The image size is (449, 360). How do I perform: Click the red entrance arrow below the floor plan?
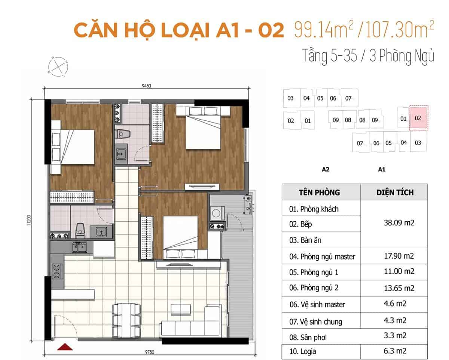pos(65,347)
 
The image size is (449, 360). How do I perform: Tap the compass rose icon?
pos(58,67)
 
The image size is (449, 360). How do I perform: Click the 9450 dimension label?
pos(146,86)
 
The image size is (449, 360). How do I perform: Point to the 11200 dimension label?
pos(29,220)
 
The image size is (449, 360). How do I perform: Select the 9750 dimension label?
pos(150,352)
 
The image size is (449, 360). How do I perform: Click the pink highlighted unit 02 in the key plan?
pos(419,118)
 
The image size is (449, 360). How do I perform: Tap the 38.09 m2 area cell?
pos(399,223)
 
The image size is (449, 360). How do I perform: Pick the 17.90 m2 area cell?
pos(399,256)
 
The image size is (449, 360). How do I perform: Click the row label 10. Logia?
pos(303,351)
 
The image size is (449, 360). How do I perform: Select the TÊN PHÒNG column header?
pos(319,193)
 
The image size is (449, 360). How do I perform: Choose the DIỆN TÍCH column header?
pos(395,192)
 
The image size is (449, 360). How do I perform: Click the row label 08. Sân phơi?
pos(308,337)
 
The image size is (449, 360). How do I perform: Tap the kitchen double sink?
pos(79,247)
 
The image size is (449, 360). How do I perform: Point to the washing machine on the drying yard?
pos(217,213)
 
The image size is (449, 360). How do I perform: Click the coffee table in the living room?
pos(180,309)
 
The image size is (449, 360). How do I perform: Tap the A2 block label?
pos(326,169)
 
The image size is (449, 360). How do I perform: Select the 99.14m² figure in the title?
pos(324,30)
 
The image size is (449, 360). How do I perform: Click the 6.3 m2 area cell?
pos(395,351)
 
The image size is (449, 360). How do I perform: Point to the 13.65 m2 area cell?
pos(399,288)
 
